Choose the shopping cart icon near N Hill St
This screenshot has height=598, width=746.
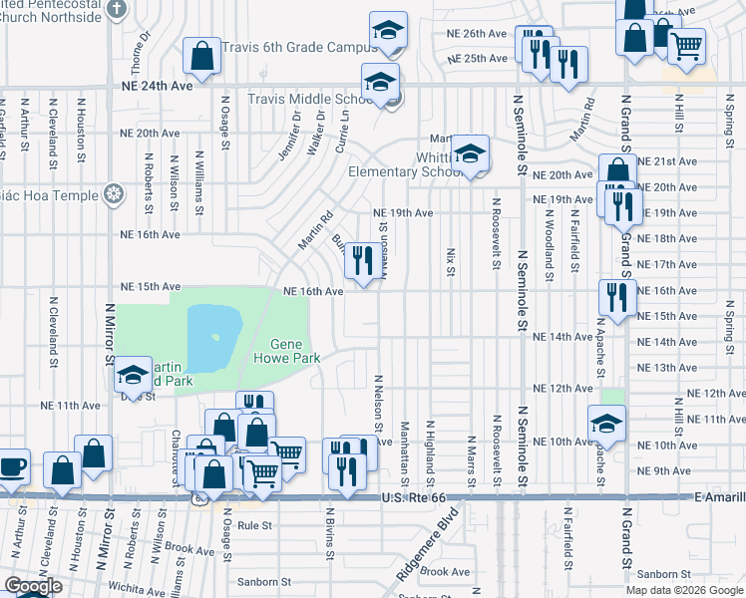coord(685,45)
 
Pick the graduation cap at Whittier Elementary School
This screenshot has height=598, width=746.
coord(469,153)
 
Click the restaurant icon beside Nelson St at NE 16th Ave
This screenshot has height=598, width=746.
coord(361,261)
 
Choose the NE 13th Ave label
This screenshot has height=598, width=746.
coord(673,368)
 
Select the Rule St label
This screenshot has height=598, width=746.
coord(255,524)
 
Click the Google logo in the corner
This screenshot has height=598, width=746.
coord(33,586)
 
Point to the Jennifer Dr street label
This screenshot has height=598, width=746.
coord(295,129)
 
